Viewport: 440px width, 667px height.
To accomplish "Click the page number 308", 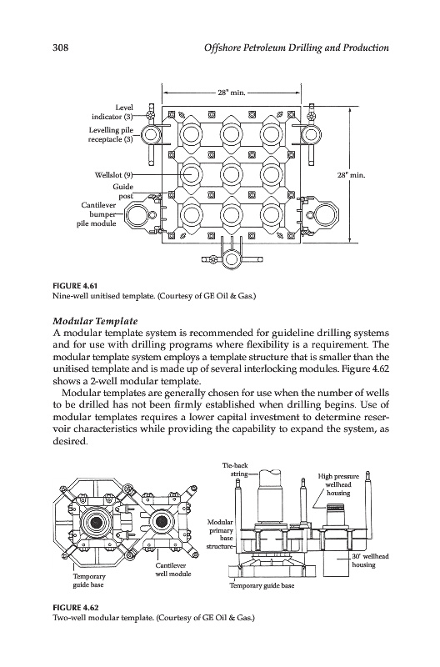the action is (x=60, y=48).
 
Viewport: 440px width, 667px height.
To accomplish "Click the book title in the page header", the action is (x=297, y=48).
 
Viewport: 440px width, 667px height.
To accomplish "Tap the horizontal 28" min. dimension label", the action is (x=232, y=93).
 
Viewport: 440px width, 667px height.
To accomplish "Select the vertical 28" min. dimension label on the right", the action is (x=352, y=175).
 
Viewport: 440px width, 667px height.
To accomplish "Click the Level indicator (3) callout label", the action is (x=112, y=112).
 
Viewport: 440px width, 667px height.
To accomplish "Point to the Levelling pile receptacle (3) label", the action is (x=111, y=134).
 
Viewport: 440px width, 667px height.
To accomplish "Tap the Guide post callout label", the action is (x=122, y=191).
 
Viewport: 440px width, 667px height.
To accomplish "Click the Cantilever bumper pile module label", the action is (x=98, y=214).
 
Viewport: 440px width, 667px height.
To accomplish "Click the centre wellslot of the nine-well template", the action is (x=231, y=174).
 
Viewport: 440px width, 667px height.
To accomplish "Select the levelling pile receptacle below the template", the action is (x=232, y=259).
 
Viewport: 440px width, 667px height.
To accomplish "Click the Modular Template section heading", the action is (x=95, y=320).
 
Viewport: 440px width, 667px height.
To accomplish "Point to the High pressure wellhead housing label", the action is (x=338, y=484).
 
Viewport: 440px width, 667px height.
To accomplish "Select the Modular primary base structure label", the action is (x=220, y=534).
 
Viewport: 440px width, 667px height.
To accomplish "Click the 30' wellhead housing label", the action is (x=364, y=560).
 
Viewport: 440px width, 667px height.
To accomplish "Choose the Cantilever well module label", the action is (x=172, y=569).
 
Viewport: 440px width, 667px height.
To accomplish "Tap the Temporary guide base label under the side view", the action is (x=262, y=586).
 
